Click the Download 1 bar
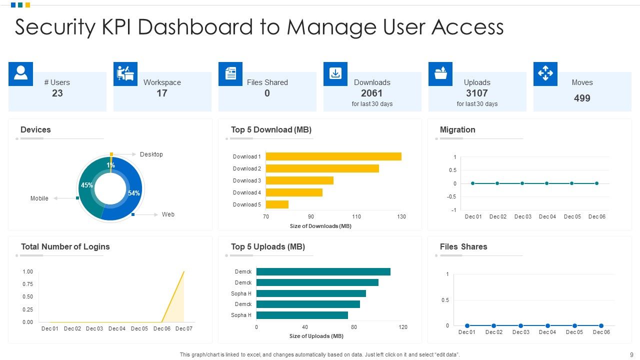[x=333, y=156]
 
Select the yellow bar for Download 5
[x=277, y=204]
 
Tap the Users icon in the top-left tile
[x=20, y=73]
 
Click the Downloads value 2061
[x=371, y=93]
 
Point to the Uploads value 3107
[x=476, y=93]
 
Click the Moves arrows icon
[x=545, y=73]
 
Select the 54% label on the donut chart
[x=134, y=193]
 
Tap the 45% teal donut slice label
[x=87, y=185]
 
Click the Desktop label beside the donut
[x=151, y=154]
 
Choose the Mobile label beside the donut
[x=39, y=198]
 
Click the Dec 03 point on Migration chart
[x=522, y=183]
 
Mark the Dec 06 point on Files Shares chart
[x=601, y=325]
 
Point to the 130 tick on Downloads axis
[x=401, y=216]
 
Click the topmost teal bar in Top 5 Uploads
[x=323, y=271]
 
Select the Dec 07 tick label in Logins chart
[x=184, y=328]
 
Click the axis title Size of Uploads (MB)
[x=316, y=336]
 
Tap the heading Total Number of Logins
[x=65, y=246]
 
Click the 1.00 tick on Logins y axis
[x=27, y=271]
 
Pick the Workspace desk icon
[x=125, y=73]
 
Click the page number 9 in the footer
[x=631, y=354]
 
